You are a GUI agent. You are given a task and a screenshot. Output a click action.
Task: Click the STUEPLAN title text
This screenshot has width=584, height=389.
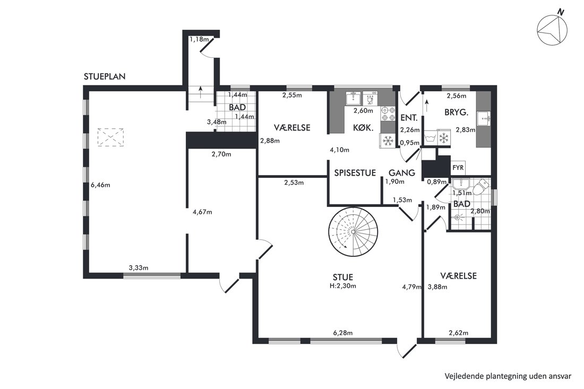105,76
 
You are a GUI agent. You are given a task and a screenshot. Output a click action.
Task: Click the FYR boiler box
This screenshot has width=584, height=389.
458,168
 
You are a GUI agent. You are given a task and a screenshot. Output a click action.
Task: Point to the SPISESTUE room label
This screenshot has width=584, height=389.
355,172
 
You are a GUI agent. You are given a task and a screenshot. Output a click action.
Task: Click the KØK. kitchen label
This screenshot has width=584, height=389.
364,128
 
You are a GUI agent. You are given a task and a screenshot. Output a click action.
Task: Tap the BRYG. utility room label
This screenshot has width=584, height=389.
456,112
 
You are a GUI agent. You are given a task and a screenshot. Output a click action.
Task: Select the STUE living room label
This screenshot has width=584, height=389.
343,278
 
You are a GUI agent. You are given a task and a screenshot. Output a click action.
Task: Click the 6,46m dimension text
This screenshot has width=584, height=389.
100,185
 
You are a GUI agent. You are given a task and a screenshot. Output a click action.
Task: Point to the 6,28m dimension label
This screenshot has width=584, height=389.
342,333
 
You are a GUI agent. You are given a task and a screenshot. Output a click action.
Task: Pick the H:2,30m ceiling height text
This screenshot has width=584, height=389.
342,286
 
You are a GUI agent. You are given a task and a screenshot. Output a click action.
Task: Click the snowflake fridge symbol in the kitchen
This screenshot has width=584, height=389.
388,141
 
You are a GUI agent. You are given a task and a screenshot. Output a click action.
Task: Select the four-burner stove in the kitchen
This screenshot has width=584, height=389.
388,114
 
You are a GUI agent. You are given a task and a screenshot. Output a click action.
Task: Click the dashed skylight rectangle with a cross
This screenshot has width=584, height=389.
110,137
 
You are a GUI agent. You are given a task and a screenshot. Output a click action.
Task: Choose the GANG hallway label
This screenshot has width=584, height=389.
402,172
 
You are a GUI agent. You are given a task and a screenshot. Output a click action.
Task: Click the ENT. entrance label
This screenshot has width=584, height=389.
409,118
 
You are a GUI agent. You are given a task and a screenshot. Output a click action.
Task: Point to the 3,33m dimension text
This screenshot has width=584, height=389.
139,267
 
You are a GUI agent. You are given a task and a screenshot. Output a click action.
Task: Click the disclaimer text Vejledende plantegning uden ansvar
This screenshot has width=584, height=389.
508,376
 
